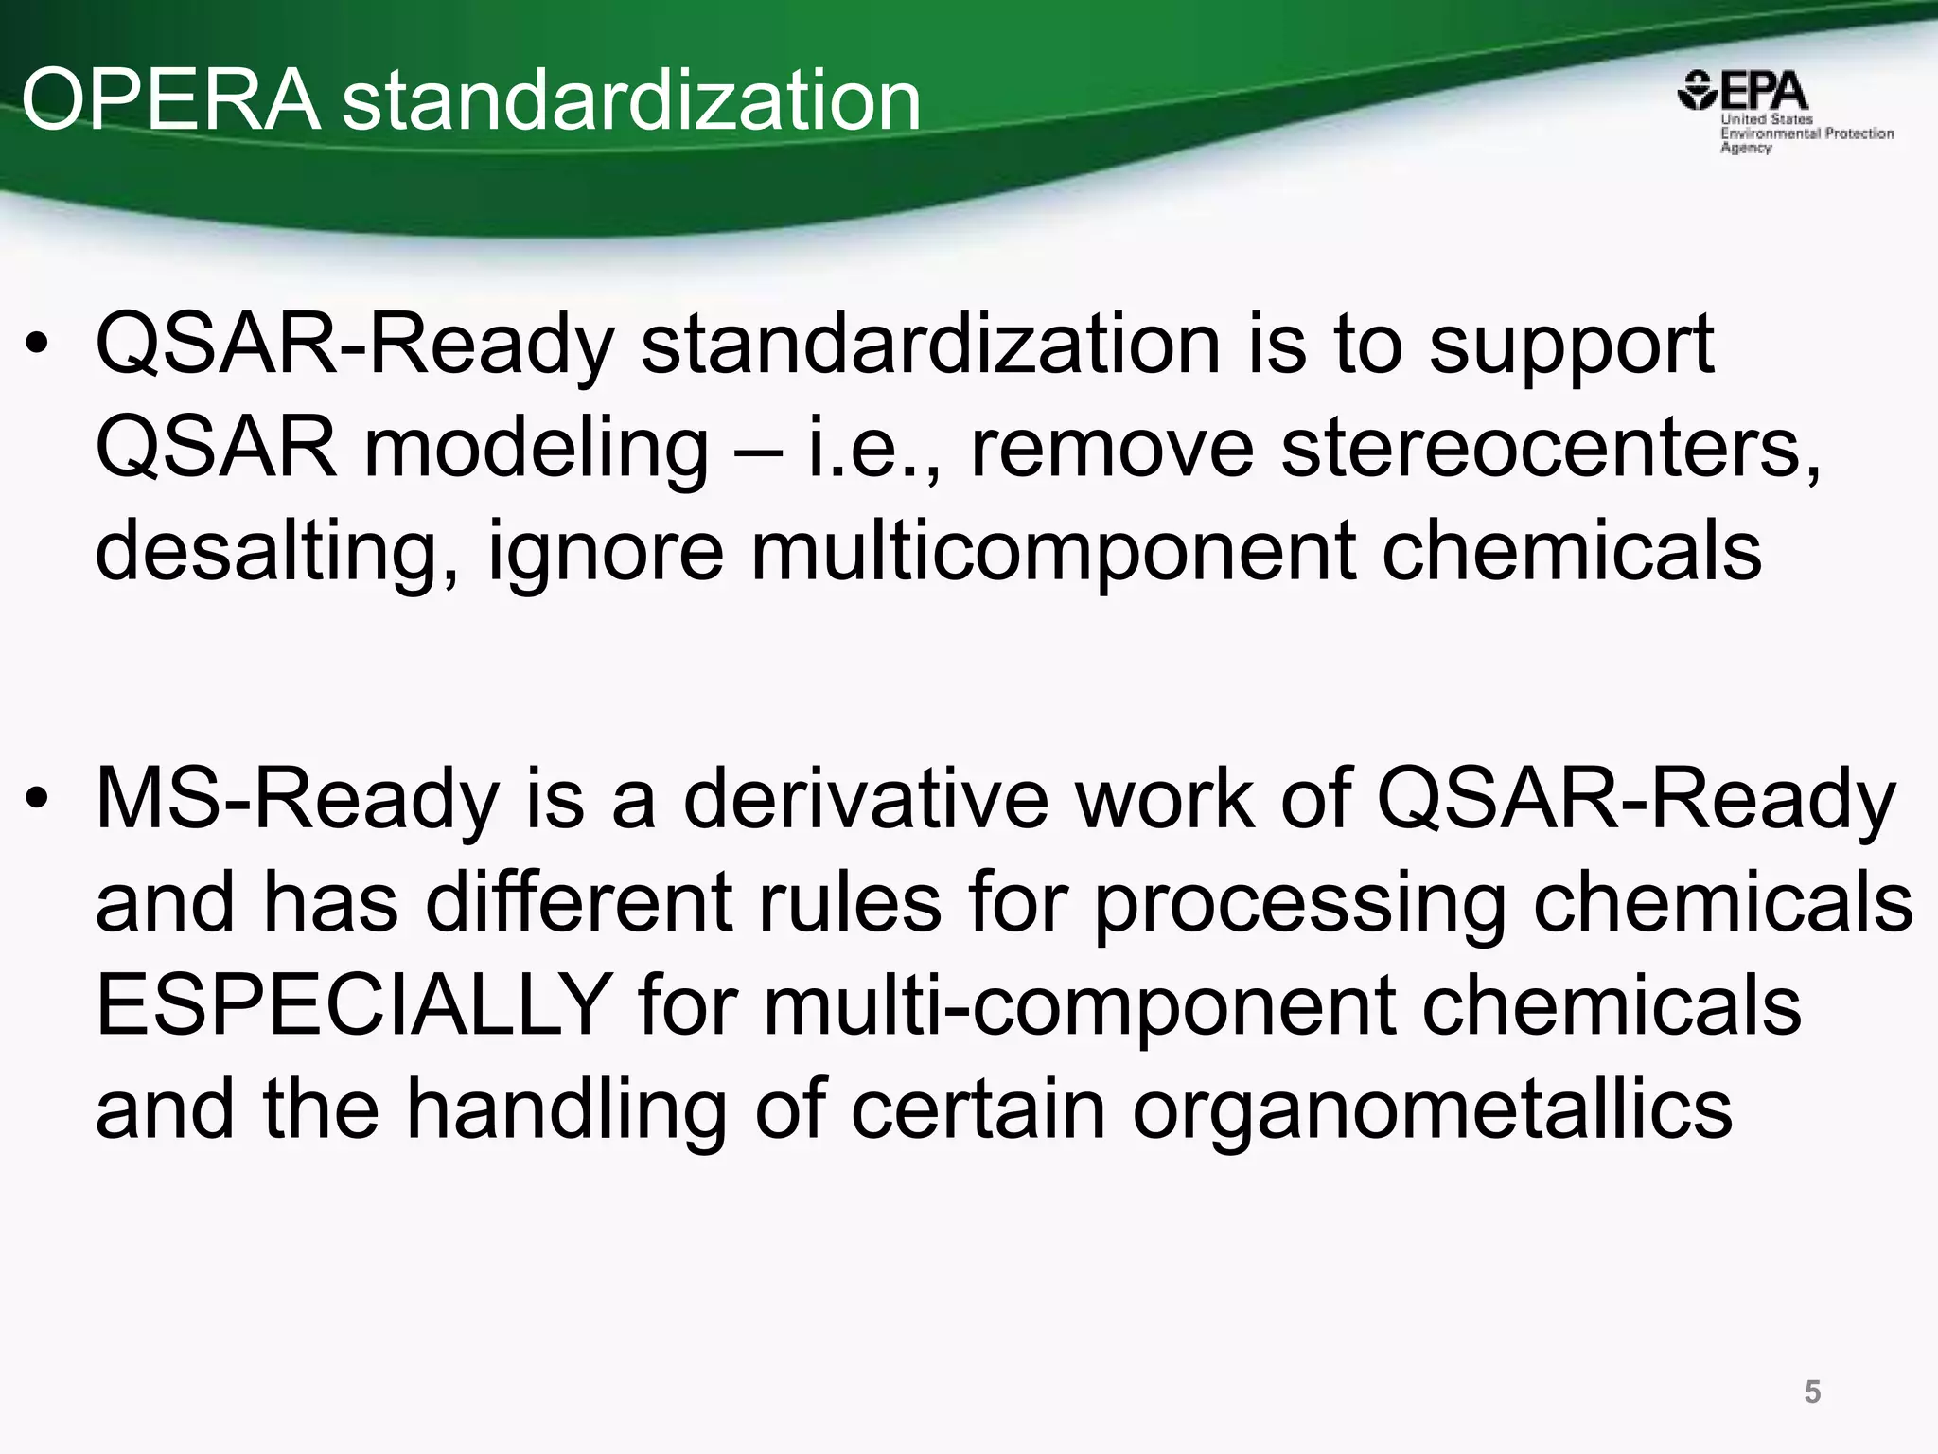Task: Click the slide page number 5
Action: [1812, 1392]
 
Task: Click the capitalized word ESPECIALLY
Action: [353, 1005]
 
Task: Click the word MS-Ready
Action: [296, 801]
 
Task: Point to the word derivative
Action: [865, 799]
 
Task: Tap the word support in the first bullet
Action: [1571, 347]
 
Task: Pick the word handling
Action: [567, 1109]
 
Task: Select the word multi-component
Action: [1079, 1005]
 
